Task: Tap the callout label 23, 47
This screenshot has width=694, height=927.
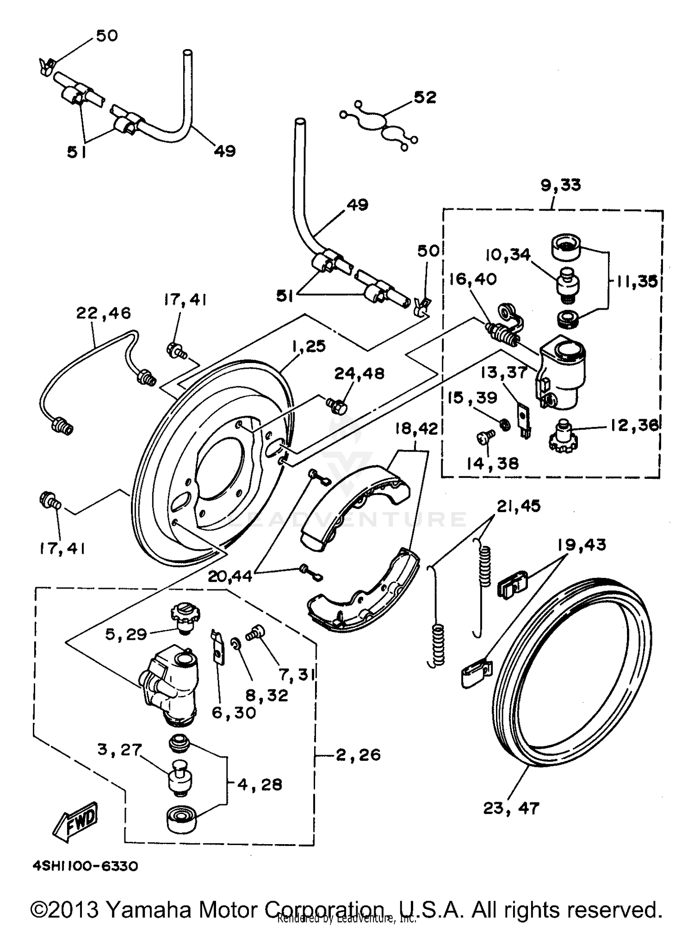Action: [x=511, y=808]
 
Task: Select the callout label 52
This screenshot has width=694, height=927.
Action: [x=425, y=97]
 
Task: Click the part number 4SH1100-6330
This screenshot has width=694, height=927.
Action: [x=85, y=866]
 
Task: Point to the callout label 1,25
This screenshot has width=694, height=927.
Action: [x=309, y=346]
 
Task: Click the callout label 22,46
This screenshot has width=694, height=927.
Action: [x=104, y=313]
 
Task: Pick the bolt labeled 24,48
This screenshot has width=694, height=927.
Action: [x=338, y=406]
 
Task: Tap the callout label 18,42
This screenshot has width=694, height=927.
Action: [x=416, y=429]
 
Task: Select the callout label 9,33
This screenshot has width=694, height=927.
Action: [x=560, y=185]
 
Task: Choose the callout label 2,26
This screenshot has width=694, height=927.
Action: [x=358, y=755]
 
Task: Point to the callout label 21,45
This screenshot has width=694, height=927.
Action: [x=519, y=506]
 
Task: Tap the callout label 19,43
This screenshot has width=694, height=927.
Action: [x=582, y=545]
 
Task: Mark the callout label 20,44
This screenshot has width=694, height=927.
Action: [x=230, y=576]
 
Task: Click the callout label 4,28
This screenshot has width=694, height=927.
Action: [x=260, y=784]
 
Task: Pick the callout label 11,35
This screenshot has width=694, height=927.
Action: [x=636, y=281]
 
